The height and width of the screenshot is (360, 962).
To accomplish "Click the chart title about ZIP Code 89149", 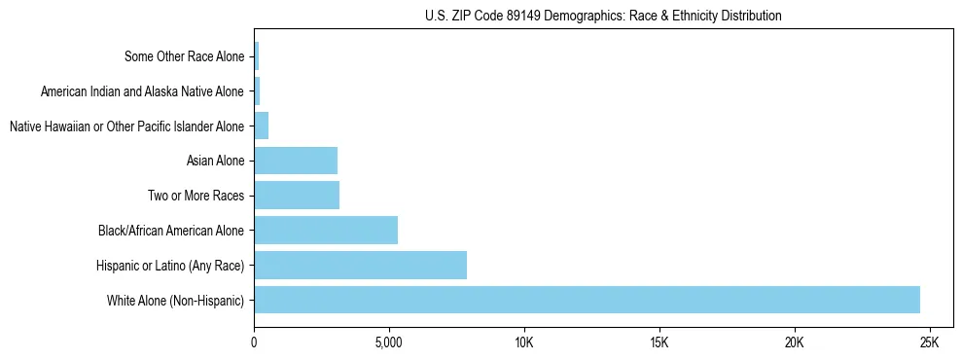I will click(x=603, y=17).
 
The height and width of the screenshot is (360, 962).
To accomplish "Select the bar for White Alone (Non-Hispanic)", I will click(x=587, y=300).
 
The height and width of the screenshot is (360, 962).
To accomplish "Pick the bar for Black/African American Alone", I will click(x=326, y=230).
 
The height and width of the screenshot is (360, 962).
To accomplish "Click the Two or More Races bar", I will click(x=297, y=195).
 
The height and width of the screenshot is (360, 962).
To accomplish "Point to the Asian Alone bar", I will click(x=296, y=161).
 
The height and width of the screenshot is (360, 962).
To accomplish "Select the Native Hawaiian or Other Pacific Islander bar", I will click(x=261, y=126).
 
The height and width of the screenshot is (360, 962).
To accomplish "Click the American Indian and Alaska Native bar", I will click(x=257, y=91).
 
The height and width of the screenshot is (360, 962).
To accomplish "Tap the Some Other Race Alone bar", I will click(x=256, y=56).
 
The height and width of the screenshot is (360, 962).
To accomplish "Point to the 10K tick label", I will click(x=524, y=343).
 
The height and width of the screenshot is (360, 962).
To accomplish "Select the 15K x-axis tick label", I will click(x=659, y=343).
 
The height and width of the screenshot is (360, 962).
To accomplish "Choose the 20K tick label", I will click(x=795, y=343).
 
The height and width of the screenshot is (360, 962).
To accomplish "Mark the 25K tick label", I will click(x=929, y=343).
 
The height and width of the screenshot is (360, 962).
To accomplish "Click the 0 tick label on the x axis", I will click(x=254, y=343).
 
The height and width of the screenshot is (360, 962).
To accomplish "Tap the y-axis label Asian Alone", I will click(x=215, y=161).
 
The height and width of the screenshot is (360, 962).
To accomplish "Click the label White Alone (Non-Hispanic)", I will click(x=175, y=300).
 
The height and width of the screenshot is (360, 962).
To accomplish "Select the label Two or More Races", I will click(x=196, y=196).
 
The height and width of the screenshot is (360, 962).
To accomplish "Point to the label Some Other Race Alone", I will click(x=184, y=56).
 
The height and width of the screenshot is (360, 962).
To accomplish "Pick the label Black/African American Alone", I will click(x=171, y=231).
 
